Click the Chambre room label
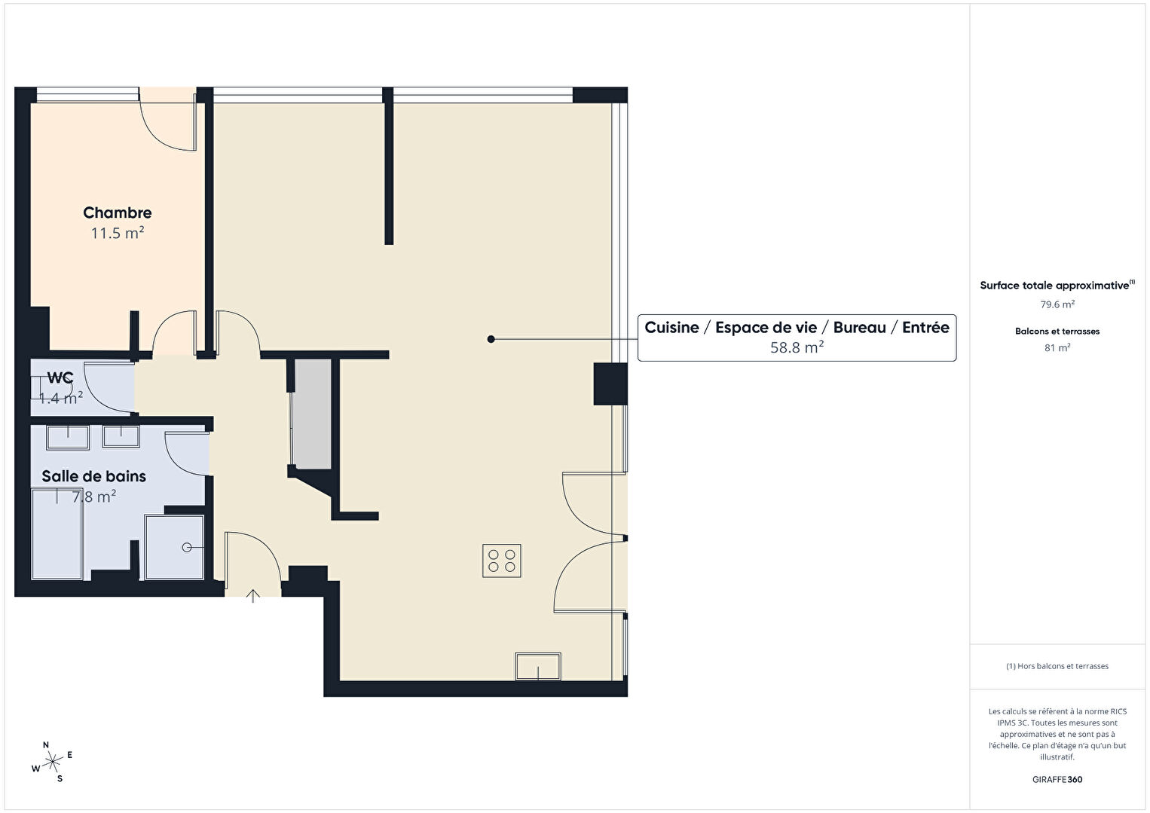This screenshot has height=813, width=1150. [x=117, y=212]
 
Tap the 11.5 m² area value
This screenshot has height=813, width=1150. [x=118, y=233]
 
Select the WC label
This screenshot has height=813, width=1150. [x=60, y=378]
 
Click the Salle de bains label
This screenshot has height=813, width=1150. [x=94, y=476]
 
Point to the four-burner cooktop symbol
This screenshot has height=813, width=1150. [x=502, y=561]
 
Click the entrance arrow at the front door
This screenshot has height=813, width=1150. [x=252, y=597]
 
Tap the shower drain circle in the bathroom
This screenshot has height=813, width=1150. [x=187, y=548]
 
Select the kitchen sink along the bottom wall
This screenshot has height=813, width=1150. [x=538, y=666]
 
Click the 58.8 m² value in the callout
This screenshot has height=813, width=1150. [x=797, y=347]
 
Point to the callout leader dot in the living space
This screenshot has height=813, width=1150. [x=491, y=339]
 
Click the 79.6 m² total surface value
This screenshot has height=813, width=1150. [x=1057, y=304]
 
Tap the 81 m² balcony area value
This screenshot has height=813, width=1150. [x=1057, y=348]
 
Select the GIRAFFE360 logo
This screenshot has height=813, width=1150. [x=1057, y=779]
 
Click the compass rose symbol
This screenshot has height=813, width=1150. [x=52, y=762]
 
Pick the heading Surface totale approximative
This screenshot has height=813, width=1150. [x=1056, y=286]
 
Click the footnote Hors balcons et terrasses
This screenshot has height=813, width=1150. [x=1057, y=666]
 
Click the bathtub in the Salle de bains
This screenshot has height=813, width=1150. [x=57, y=533]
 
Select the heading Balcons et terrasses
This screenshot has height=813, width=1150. [x=1057, y=332]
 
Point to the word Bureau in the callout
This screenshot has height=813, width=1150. [x=859, y=328]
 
